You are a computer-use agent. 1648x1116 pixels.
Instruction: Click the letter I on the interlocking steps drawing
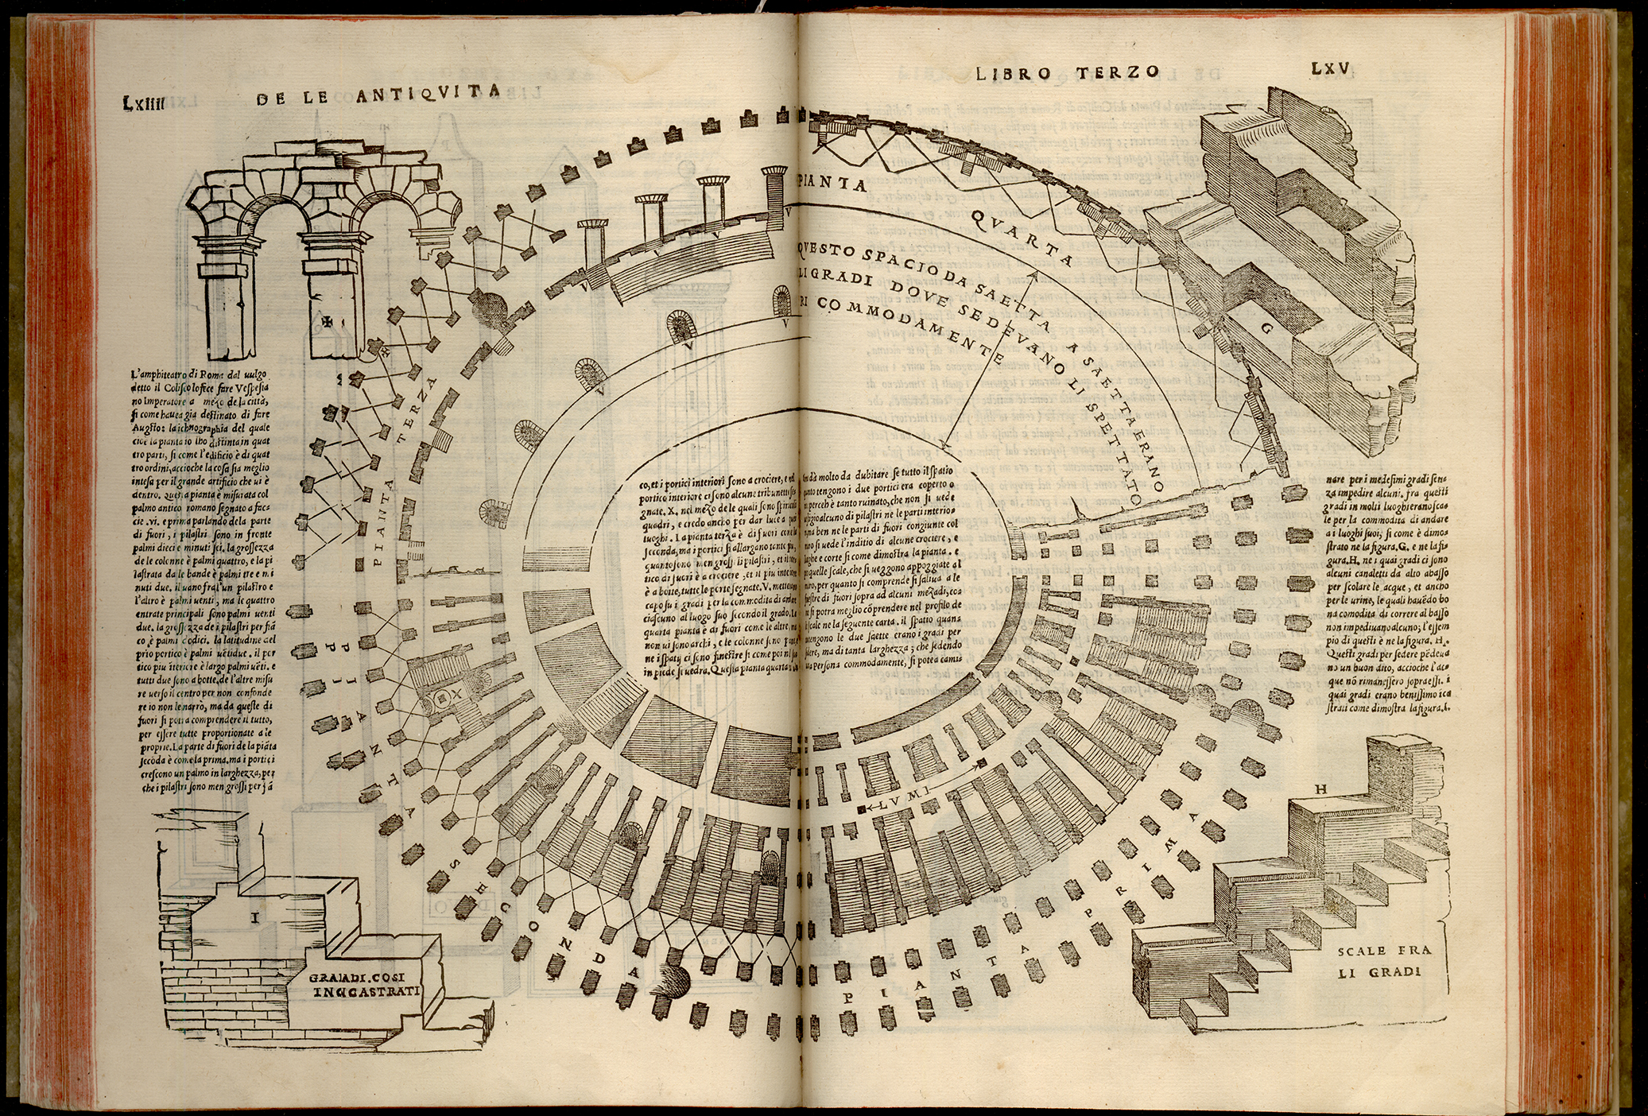point(255,920)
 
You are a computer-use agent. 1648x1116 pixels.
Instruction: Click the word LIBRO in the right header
point(1009,74)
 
